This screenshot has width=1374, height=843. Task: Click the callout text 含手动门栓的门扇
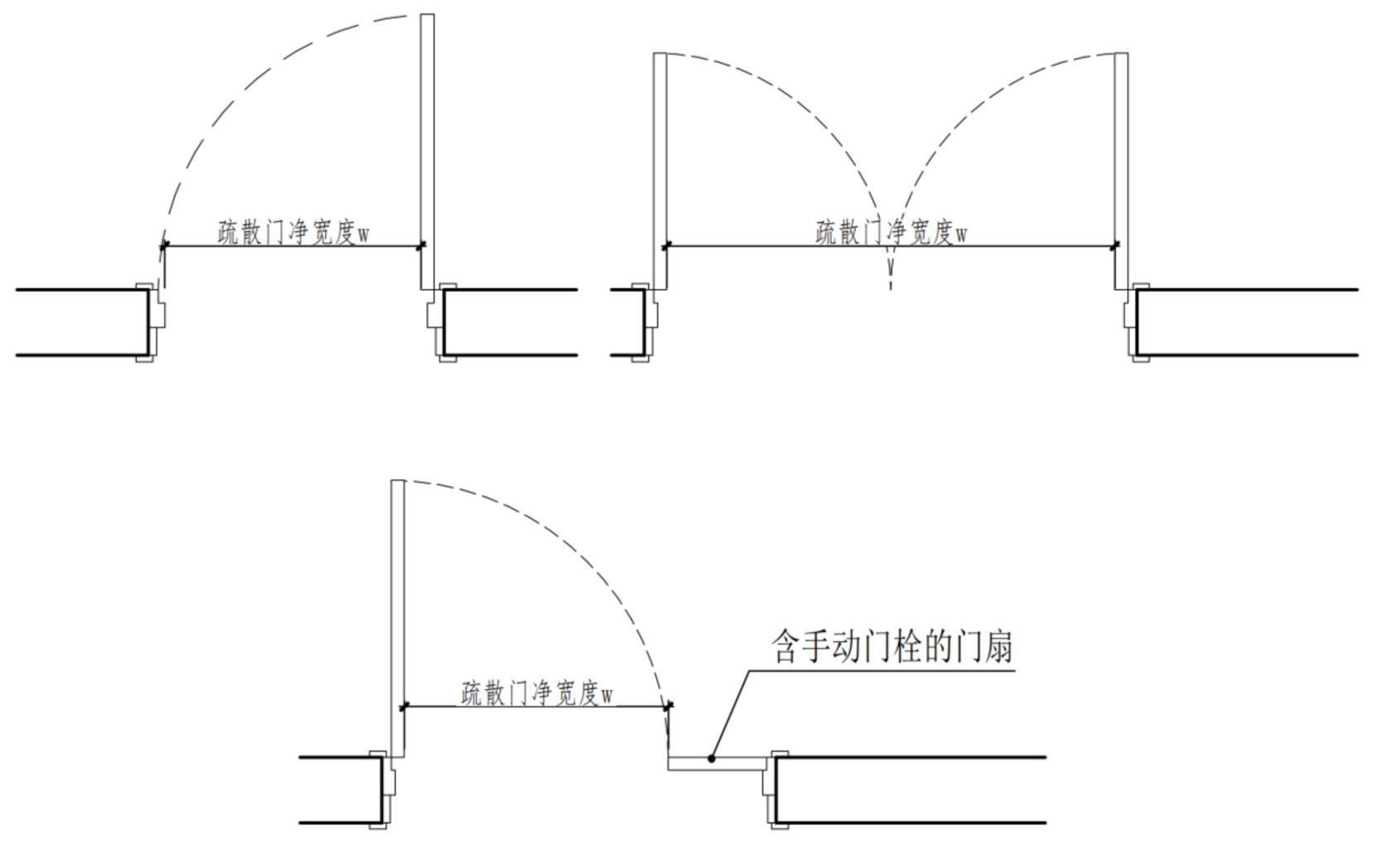892,646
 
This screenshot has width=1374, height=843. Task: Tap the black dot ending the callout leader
712,759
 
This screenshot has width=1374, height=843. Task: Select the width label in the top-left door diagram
294,233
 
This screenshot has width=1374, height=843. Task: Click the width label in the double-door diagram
891,233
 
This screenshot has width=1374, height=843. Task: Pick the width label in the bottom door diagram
537,693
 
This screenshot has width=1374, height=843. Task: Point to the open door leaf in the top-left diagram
428,151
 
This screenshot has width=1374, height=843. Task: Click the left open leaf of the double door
660,171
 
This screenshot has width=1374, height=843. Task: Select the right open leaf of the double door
1122,171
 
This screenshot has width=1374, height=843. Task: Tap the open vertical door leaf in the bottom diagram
398,619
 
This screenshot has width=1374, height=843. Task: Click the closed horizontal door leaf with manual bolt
718,764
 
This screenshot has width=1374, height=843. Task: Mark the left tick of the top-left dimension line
163,247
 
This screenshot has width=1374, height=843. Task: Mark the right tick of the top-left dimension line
420,247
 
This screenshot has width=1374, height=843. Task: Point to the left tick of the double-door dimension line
667,246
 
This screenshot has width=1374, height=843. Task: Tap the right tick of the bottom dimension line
670,706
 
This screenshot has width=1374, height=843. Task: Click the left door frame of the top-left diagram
151,323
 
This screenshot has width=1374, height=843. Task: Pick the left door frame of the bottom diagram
383,790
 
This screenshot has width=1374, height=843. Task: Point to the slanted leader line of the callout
731,714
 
